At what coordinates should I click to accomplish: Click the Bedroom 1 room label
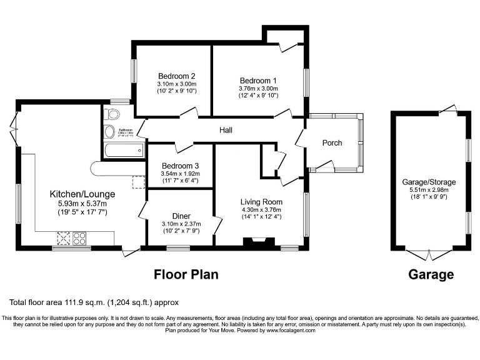coord(257,81)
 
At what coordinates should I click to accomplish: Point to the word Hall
coord(226,130)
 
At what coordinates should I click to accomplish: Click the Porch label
coord(332,143)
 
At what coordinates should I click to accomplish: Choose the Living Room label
coord(261,202)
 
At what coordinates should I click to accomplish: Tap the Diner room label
coord(181,216)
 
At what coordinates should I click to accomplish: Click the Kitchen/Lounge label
coord(79,194)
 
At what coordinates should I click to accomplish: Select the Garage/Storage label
coord(429,182)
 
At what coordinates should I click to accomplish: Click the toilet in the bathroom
coord(112,114)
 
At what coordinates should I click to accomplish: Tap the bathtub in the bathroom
coord(123,149)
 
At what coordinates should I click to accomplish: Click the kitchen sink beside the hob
coord(64,237)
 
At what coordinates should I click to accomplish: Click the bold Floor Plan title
coord(186,274)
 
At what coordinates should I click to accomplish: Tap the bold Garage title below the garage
coord(431,274)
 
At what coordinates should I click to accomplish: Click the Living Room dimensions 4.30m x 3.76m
coord(261,210)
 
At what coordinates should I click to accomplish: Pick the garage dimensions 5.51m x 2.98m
coord(429,190)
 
